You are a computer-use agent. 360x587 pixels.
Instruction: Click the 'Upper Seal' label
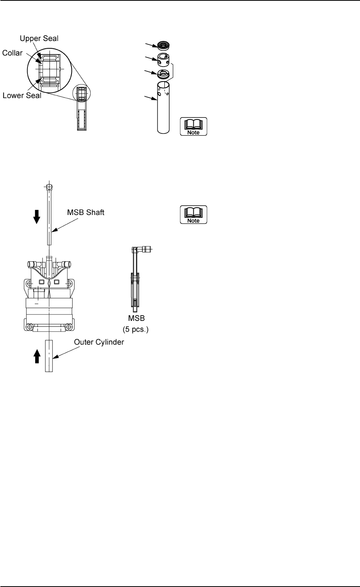tap(39, 39)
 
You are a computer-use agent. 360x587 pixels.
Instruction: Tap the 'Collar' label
tap(12, 53)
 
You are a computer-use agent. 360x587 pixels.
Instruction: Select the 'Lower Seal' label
tap(22, 96)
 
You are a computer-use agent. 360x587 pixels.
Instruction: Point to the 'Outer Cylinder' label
tap(99, 343)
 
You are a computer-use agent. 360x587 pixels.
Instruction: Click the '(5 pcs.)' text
tap(136, 330)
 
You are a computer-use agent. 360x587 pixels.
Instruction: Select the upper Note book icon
tap(193, 126)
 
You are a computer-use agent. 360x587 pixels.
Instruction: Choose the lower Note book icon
tap(193, 215)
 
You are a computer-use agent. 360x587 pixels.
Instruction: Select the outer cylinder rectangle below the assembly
tap(49, 356)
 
